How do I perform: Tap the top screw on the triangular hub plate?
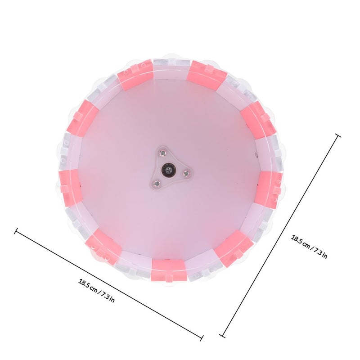click(x=163, y=152)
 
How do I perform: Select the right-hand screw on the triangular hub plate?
click(x=186, y=174)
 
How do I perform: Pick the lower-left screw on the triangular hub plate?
click(x=157, y=183)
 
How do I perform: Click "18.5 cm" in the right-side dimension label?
click(x=300, y=241)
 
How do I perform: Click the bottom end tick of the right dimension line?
click(x=222, y=336)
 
